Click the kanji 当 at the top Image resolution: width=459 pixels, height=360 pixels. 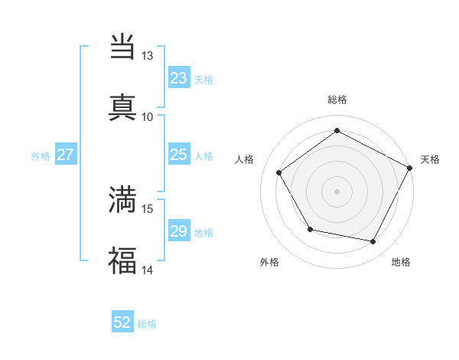pyautogui.click(x=122, y=47)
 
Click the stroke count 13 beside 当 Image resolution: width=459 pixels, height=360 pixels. pyautogui.click(x=148, y=56)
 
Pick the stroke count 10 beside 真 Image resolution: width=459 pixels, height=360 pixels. pyautogui.click(x=148, y=116)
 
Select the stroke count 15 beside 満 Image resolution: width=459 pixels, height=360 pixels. pyautogui.click(x=148, y=208)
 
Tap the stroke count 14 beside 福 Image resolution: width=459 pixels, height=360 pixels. pyautogui.click(x=148, y=270)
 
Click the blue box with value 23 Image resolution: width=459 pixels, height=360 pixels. pyautogui.click(x=178, y=78)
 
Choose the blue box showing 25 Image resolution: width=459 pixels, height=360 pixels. pyautogui.click(x=178, y=155)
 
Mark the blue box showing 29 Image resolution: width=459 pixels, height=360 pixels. pyautogui.click(x=178, y=231)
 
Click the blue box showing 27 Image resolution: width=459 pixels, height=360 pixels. pyautogui.click(x=66, y=155)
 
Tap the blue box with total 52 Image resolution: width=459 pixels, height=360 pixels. pyautogui.click(x=122, y=323)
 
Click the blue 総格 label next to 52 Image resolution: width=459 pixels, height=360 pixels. pyautogui.click(x=147, y=324)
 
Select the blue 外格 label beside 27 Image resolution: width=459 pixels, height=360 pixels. pyautogui.click(x=41, y=155)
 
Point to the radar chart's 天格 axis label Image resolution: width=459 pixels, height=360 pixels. pyautogui.click(x=430, y=159)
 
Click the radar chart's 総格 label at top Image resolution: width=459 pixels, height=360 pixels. pyautogui.click(x=337, y=100)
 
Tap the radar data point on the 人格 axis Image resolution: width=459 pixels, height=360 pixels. pyautogui.click(x=279, y=172)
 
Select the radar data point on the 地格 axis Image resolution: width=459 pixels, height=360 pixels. pyautogui.click(x=373, y=241)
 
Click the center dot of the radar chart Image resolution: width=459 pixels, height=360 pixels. pyautogui.click(x=337, y=191)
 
